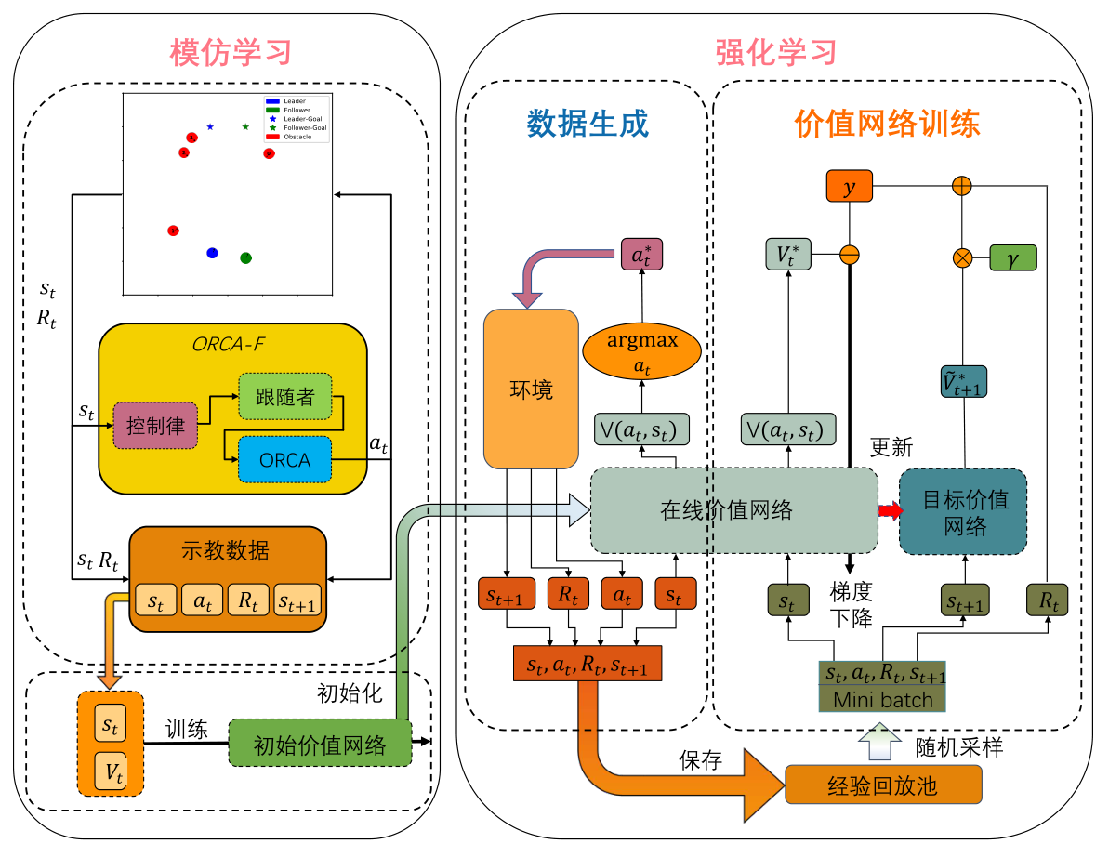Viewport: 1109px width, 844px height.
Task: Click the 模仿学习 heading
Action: [231, 52]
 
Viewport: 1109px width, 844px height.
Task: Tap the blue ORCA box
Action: [284, 459]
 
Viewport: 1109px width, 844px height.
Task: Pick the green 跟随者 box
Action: [284, 398]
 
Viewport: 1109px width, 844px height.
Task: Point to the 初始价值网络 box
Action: [320, 744]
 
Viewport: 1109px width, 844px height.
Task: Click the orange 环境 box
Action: [531, 388]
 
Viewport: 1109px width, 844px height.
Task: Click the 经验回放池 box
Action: [882, 786]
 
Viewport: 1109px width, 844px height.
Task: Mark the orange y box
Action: [848, 187]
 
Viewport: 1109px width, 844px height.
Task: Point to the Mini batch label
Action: [881, 699]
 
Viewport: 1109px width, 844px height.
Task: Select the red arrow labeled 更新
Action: [890, 510]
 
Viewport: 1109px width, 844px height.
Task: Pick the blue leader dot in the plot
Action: [212, 253]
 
